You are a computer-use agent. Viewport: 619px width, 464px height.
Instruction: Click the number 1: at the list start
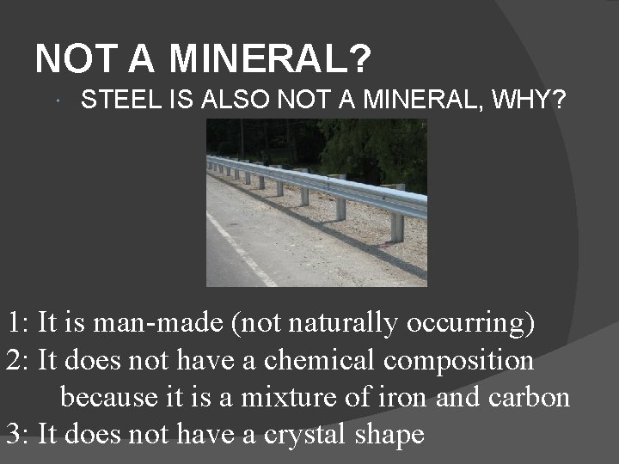(x=18, y=323)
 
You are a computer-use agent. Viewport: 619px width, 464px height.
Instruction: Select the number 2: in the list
(x=18, y=360)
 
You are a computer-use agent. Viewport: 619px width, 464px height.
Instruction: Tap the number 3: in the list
(x=18, y=434)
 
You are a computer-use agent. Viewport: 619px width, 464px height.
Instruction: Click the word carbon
(x=534, y=397)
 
